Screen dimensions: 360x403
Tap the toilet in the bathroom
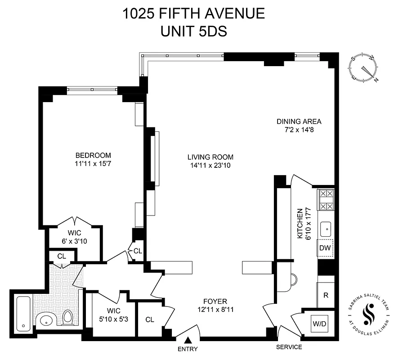68,318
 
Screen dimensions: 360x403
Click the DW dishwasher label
325,248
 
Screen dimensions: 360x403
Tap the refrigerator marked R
325,295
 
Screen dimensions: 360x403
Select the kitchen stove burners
326,200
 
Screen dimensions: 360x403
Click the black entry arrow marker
188,341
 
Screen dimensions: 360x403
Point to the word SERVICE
288,347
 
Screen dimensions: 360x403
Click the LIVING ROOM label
210,157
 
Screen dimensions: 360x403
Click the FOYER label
215,301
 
